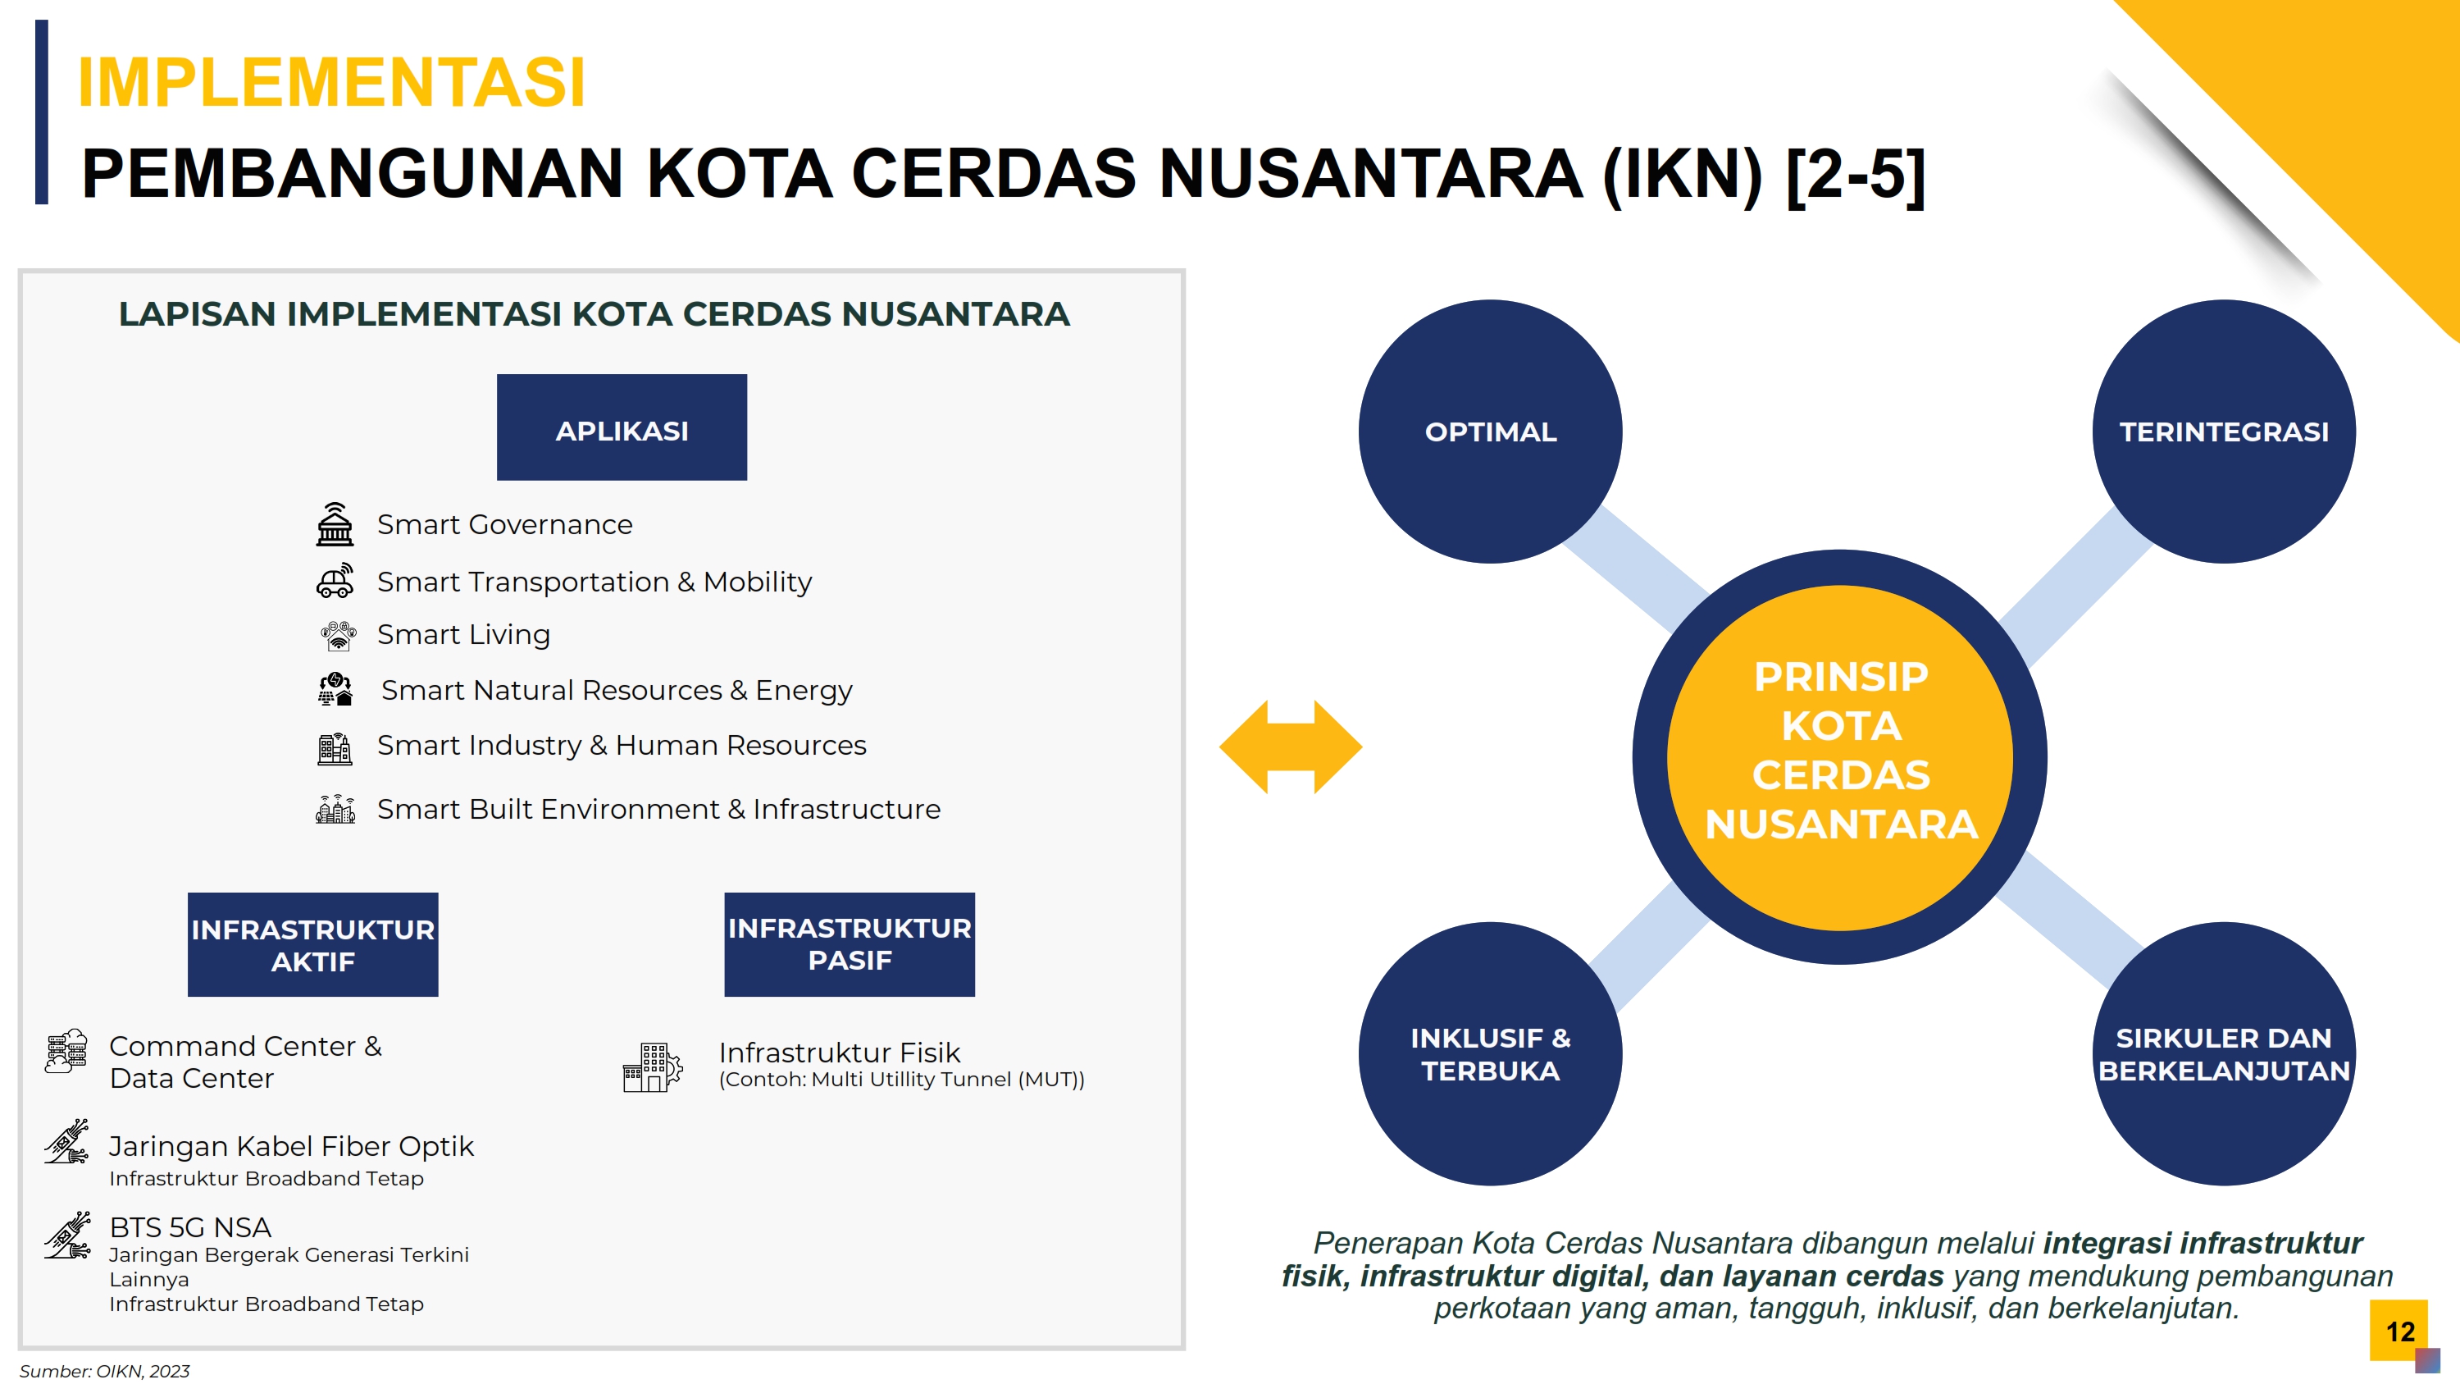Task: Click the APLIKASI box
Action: (622, 427)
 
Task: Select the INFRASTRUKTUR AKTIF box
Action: (313, 944)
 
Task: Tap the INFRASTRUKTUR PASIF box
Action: (850, 944)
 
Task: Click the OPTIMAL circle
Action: (1490, 432)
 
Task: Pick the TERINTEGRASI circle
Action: (2224, 432)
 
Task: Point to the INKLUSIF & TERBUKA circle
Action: (1490, 1053)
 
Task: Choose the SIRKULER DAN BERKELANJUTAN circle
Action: (2224, 1053)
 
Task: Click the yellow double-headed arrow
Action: (1291, 747)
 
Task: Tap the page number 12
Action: (2400, 1331)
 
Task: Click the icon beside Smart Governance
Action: (335, 524)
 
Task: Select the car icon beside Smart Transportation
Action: (335, 581)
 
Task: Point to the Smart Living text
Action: (463, 635)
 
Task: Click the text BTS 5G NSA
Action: (190, 1227)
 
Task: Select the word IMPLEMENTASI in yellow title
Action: (331, 82)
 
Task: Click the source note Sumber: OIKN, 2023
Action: (104, 1372)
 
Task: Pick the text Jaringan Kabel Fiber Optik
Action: (291, 1146)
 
